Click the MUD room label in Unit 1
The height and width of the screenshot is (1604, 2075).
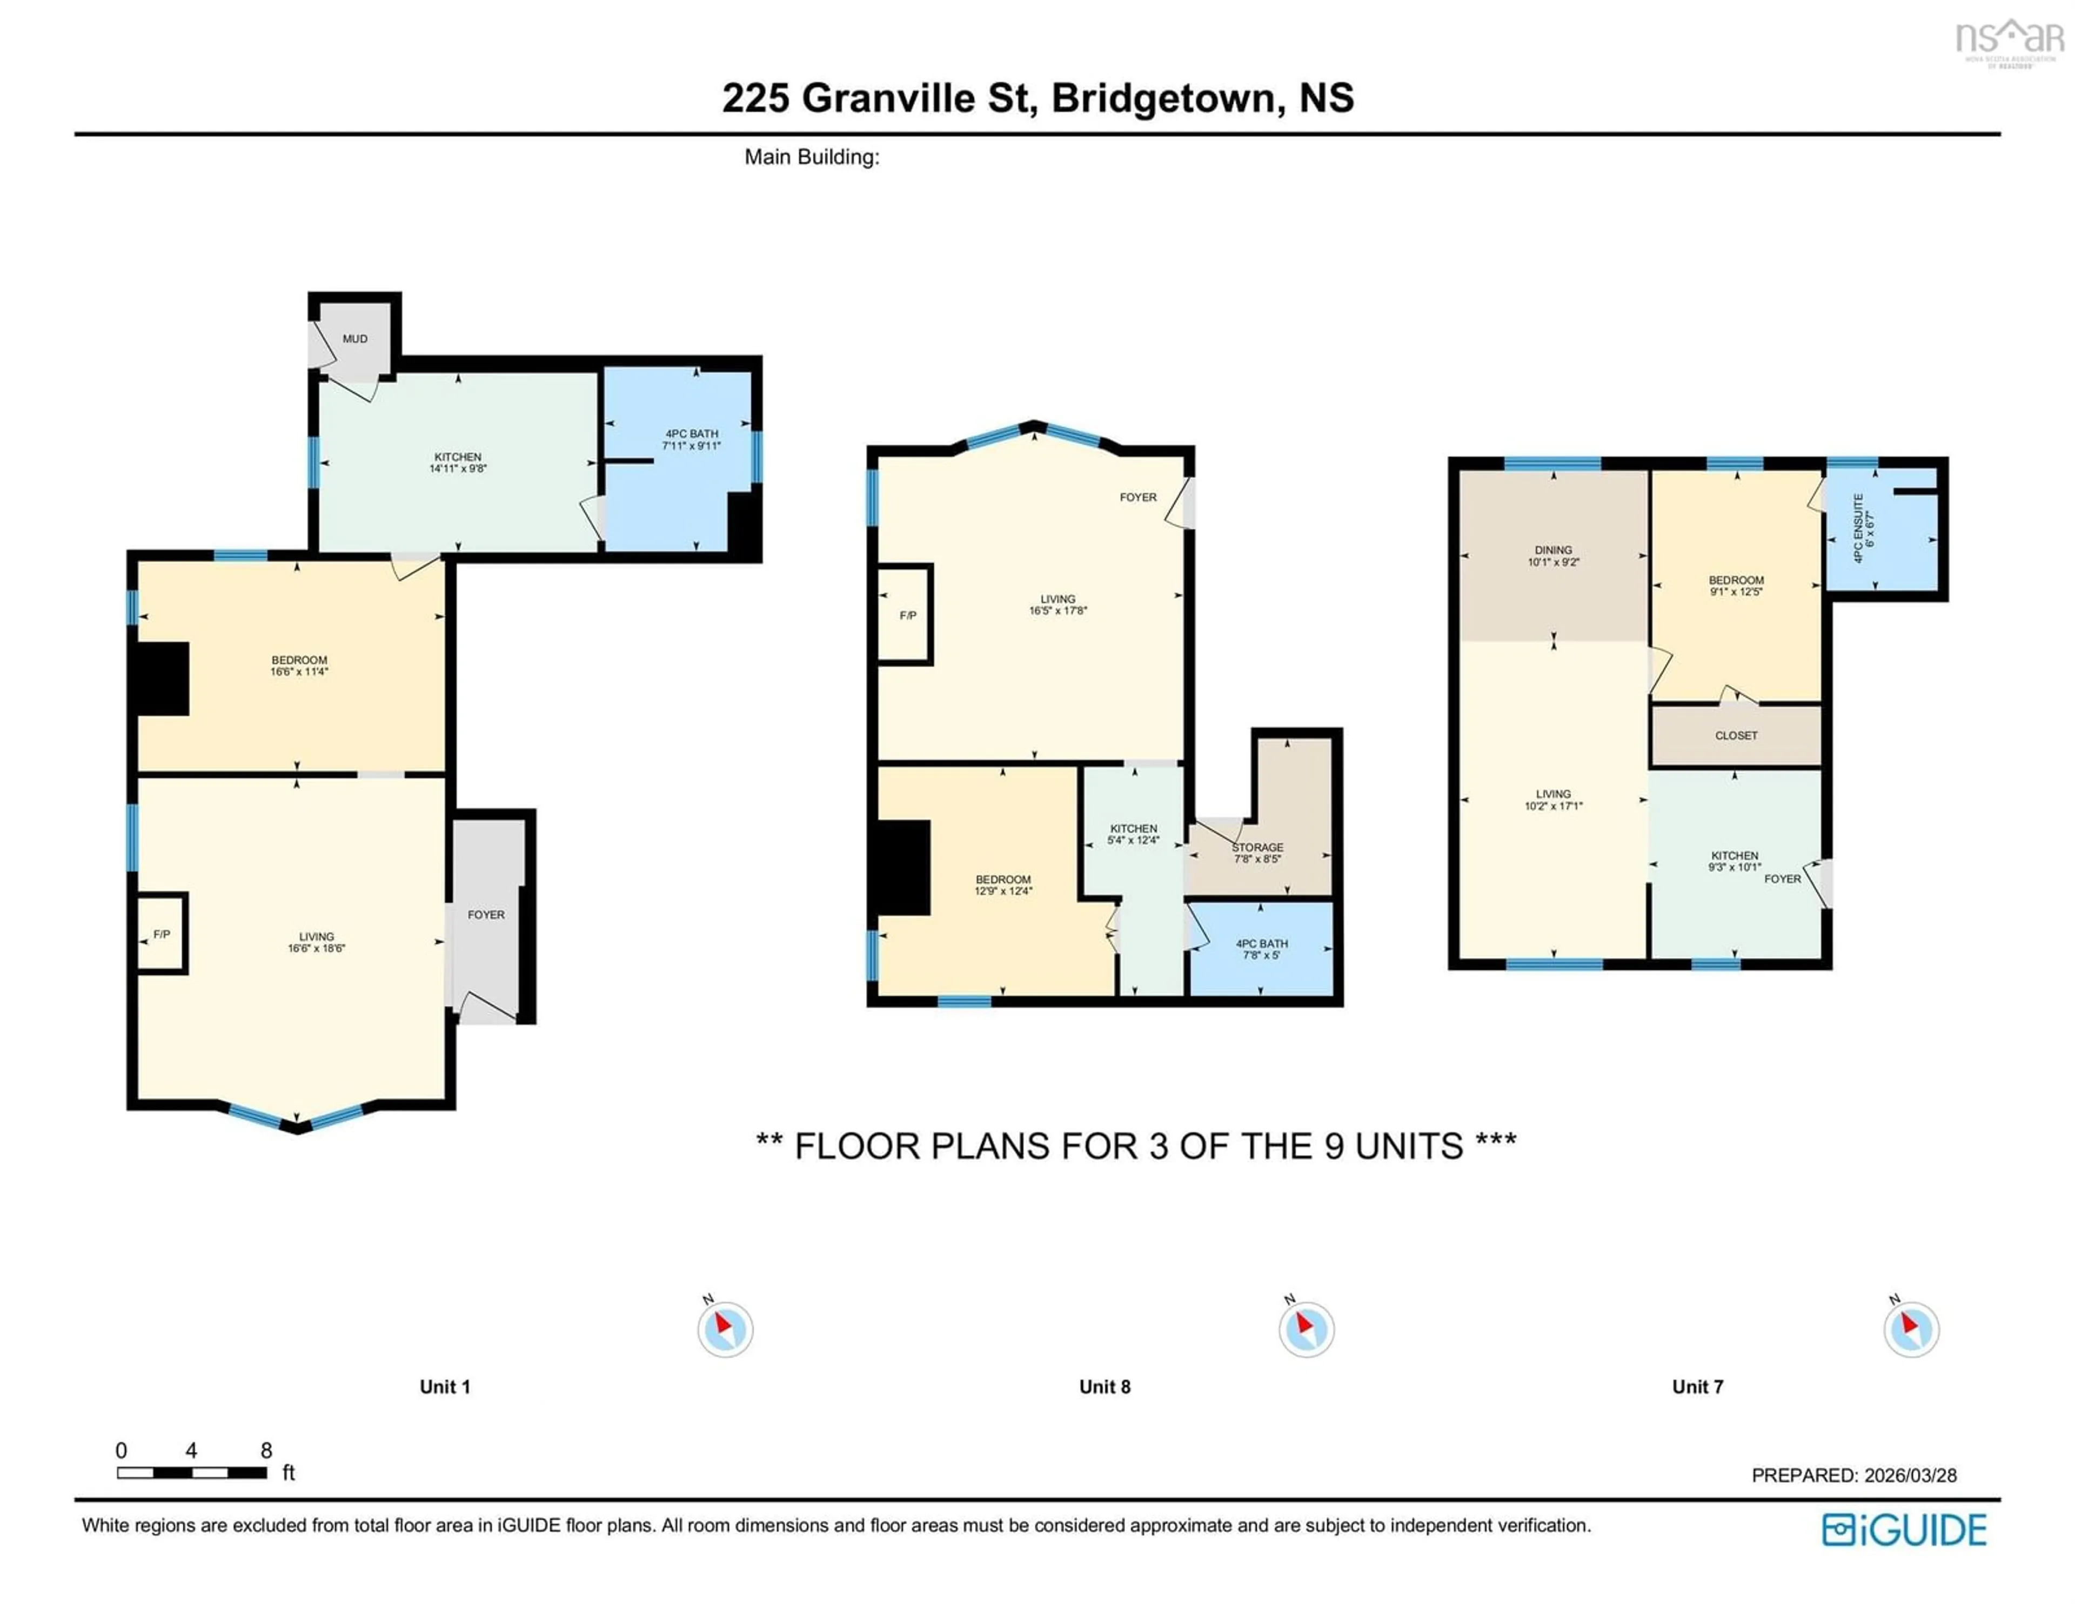pos(354,339)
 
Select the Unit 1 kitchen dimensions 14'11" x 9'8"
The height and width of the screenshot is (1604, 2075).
pos(458,468)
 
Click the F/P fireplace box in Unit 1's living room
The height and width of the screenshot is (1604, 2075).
pos(162,935)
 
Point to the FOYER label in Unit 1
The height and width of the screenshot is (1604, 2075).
pos(485,915)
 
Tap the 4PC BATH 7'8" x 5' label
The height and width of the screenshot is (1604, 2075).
pos(1261,949)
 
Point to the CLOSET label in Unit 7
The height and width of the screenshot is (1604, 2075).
pos(1736,735)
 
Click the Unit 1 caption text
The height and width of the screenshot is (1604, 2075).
pos(445,1386)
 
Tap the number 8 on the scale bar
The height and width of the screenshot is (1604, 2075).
pos(266,1450)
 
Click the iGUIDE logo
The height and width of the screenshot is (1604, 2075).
pos(1904,1530)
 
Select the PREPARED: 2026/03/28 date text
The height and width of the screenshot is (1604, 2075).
pos(1853,1475)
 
